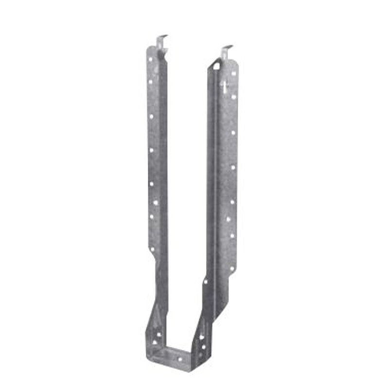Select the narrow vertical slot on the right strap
(x=225, y=88)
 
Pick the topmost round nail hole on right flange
(x=234, y=73)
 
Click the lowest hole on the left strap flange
(x=152, y=249)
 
